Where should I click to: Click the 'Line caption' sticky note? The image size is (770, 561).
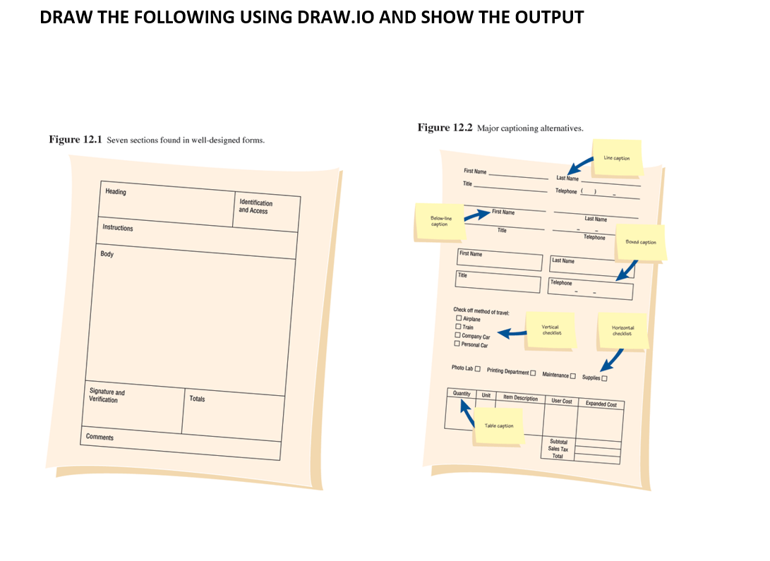(x=617, y=158)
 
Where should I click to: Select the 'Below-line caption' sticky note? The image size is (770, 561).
(x=439, y=222)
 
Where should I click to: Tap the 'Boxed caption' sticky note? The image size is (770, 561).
(x=640, y=243)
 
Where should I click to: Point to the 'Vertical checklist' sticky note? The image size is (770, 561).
(x=551, y=330)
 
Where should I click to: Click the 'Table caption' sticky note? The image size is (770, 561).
(x=499, y=426)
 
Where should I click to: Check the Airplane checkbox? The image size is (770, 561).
(x=458, y=318)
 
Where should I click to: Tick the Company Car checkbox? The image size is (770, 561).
(x=457, y=335)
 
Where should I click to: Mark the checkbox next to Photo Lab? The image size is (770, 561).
(x=478, y=368)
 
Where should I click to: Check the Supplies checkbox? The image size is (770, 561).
(x=604, y=378)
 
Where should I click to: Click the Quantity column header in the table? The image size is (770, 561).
(x=462, y=394)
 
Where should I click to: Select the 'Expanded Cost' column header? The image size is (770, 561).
(x=601, y=404)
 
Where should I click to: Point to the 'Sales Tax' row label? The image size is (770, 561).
(x=558, y=449)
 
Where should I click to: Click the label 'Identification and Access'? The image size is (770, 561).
(x=255, y=207)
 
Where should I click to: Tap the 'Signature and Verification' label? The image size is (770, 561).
(x=107, y=396)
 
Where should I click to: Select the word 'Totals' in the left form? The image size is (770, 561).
(x=197, y=399)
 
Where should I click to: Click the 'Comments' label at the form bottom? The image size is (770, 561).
(x=100, y=438)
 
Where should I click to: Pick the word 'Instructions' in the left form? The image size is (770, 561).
(x=117, y=228)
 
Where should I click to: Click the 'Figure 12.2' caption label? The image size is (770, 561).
(x=445, y=128)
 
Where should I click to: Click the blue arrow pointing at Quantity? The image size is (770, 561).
(x=468, y=414)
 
